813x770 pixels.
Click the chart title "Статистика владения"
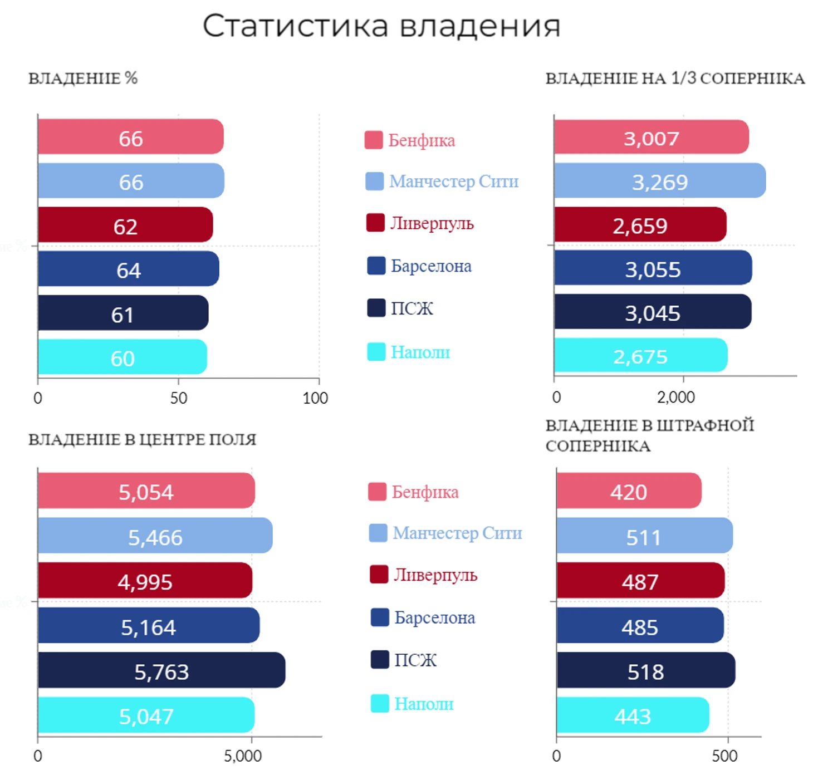pyautogui.click(x=381, y=26)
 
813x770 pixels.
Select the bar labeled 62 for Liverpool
pyautogui.click(x=125, y=225)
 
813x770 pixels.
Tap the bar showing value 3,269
pyautogui.click(x=659, y=181)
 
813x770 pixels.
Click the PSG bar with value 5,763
pyautogui.click(x=161, y=670)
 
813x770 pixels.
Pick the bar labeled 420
pyautogui.click(x=628, y=491)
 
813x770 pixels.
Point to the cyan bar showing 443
pyautogui.click(x=632, y=715)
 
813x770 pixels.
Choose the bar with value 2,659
pyautogui.click(x=640, y=225)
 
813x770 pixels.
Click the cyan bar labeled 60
pyautogui.click(x=123, y=357)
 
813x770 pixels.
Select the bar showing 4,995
pyautogui.click(x=145, y=581)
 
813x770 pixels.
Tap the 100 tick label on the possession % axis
pyautogui.click(x=315, y=398)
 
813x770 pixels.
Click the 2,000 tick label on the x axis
pyautogui.click(x=675, y=398)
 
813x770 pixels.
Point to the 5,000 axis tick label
pyautogui.click(x=243, y=756)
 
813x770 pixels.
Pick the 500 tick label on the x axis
pyautogui.click(x=724, y=756)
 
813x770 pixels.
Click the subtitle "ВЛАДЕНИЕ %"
pyautogui.click(x=83, y=79)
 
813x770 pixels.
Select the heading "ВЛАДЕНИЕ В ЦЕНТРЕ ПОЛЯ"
pyautogui.click(x=142, y=440)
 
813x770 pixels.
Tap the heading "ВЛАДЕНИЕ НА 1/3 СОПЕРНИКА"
pyautogui.click(x=675, y=79)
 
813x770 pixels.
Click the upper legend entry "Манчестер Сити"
pyautogui.click(x=453, y=182)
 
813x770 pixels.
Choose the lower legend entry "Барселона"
pyautogui.click(x=434, y=617)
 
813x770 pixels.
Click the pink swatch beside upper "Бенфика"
pyautogui.click(x=374, y=140)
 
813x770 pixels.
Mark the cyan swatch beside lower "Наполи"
pyautogui.click(x=380, y=703)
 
